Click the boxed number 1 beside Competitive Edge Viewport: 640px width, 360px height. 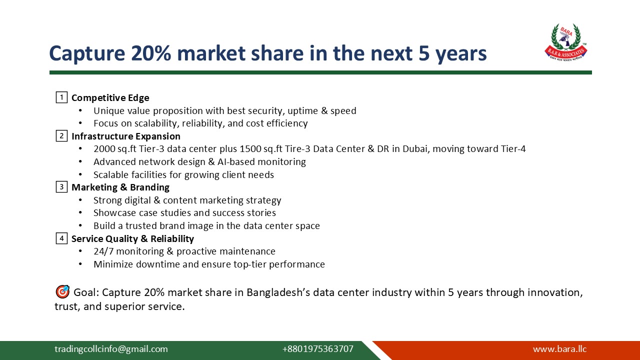(61, 97)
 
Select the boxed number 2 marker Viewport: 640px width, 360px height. (61, 135)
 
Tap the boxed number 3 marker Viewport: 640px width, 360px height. (61, 187)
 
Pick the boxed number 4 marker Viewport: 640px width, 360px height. (61, 238)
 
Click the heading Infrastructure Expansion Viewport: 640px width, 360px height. (126, 136)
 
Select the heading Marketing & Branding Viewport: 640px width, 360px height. (120, 187)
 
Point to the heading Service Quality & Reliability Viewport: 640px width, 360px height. (132, 239)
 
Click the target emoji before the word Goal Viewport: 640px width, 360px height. (62, 292)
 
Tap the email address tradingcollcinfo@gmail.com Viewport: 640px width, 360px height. (111, 349)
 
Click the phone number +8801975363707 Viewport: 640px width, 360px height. (317, 349)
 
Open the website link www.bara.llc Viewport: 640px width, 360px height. (559, 349)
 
